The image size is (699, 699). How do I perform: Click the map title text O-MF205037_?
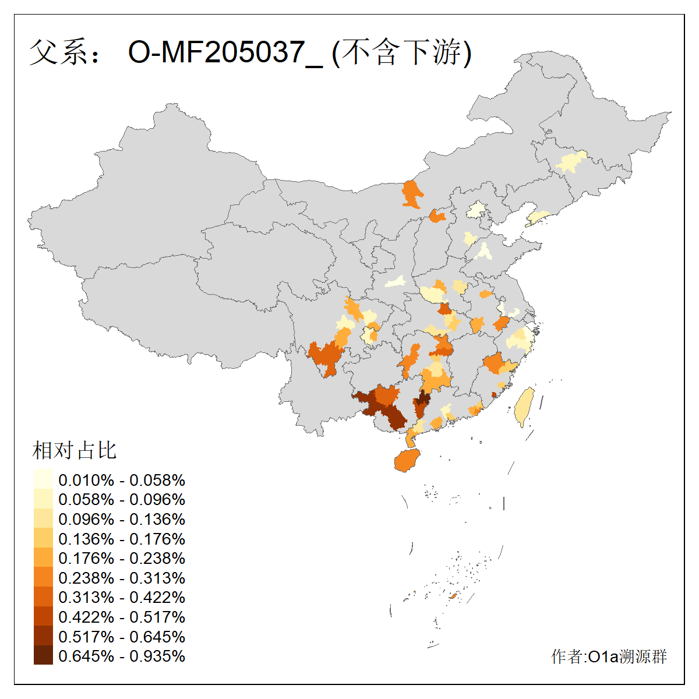[x=224, y=52]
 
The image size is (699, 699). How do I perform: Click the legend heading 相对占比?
[x=75, y=450]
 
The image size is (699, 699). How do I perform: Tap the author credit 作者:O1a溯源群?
[x=609, y=656]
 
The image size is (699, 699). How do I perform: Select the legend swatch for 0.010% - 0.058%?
[x=43, y=479]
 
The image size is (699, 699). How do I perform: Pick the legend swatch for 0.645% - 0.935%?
[x=43, y=655]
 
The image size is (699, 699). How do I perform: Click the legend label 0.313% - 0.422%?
[x=122, y=597]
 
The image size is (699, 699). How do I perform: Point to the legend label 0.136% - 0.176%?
[x=122, y=539]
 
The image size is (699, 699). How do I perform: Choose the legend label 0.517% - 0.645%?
[x=122, y=637]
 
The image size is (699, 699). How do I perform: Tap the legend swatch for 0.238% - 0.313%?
[x=43, y=577]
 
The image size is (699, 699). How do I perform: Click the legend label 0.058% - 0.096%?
[x=122, y=499]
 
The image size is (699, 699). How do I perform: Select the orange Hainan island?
[x=407, y=460]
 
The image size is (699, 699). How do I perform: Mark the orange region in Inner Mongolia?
[x=412, y=194]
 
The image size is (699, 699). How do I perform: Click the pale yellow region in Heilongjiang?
[x=571, y=161]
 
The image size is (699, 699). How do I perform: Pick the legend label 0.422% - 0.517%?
[x=122, y=617]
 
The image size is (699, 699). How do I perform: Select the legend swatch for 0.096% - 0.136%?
[x=43, y=518]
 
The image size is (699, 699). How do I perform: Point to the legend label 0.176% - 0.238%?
[x=122, y=558]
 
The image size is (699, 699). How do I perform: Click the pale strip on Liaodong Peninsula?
[x=536, y=218]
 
